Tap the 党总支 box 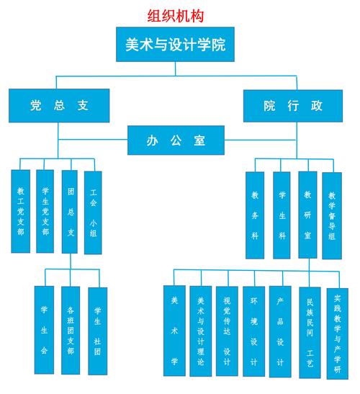click(59, 105)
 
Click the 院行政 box click(293, 105)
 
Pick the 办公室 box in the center click(176, 140)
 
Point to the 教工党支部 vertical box click(21, 211)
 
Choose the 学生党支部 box click(45, 211)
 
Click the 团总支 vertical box click(70, 211)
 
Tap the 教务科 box click(255, 215)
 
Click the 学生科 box click(282, 215)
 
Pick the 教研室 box click(307, 215)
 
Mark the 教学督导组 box click(332, 215)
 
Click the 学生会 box click(44, 330)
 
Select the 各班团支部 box click(70, 330)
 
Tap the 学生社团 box click(97, 330)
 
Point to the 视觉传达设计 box click(227, 331)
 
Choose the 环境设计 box click(253, 331)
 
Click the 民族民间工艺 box click(310, 331)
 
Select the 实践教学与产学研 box click(337, 331)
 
